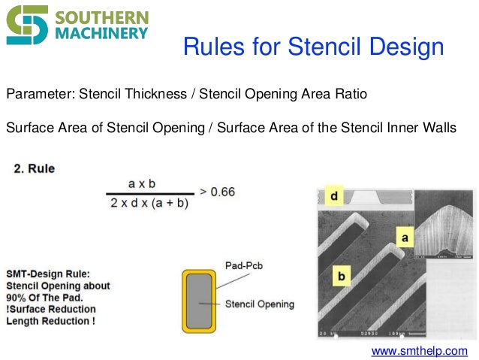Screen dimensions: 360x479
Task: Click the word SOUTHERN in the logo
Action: click(101, 17)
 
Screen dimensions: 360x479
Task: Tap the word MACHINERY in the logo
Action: click(101, 34)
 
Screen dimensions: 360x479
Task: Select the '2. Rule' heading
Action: click(34, 168)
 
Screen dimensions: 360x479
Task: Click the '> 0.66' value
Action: click(217, 192)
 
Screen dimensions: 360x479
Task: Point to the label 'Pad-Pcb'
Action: click(245, 265)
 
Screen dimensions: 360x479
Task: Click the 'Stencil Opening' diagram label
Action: click(260, 304)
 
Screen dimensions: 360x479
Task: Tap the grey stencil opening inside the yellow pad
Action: click(199, 300)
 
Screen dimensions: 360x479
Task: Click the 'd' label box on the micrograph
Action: click(333, 197)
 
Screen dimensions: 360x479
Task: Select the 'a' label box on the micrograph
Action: click(405, 237)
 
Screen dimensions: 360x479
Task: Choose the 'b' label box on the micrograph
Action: click(340, 277)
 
